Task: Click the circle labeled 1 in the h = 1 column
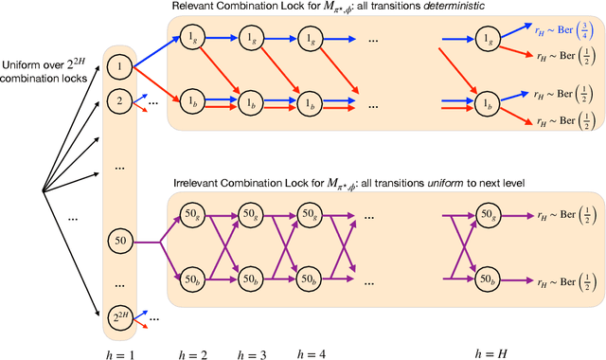coord(119,68)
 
